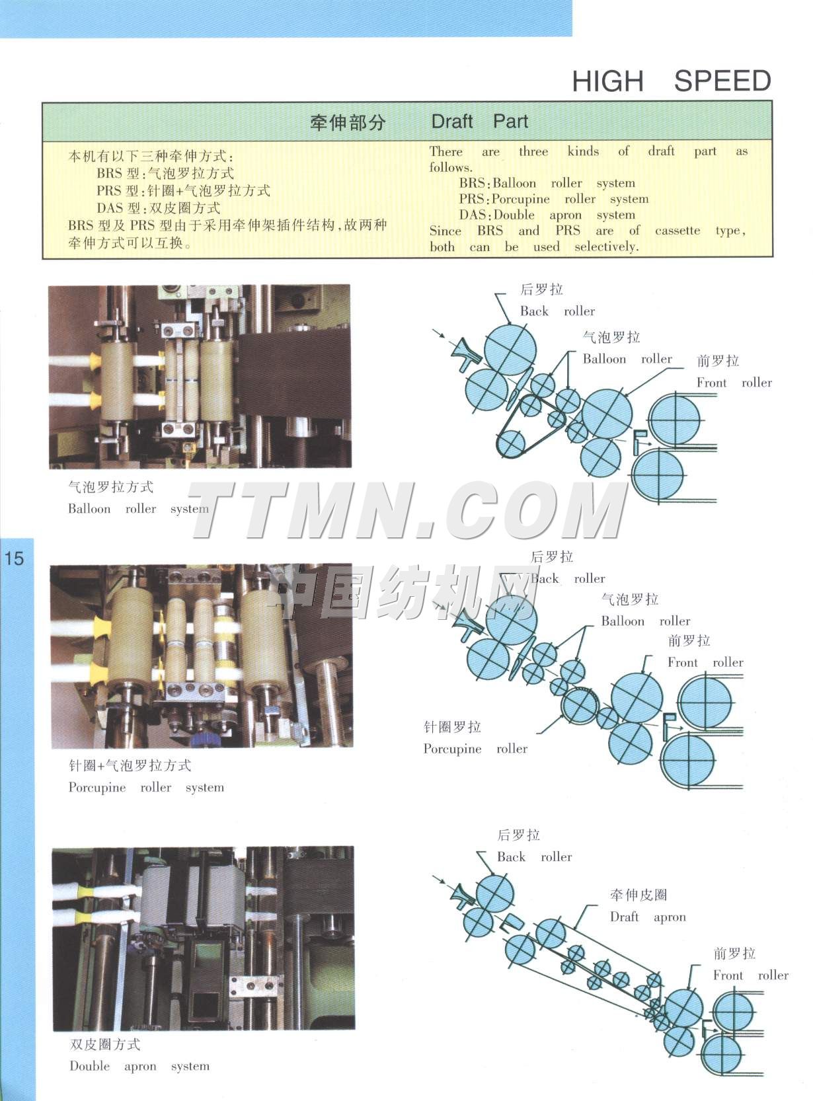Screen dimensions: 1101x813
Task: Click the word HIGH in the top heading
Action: point(607,81)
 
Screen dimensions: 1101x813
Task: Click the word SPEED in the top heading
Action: point(722,81)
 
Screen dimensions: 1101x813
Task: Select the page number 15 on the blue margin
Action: point(14,558)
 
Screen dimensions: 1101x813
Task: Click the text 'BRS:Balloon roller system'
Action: point(547,183)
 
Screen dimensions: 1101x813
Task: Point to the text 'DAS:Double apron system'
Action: point(547,215)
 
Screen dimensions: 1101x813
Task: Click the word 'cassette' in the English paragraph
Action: point(677,231)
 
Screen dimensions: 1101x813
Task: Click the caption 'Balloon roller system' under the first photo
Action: point(138,509)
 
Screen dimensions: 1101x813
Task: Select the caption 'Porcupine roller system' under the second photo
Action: point(146,788)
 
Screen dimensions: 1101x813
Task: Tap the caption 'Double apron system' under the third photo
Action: point(139,1066)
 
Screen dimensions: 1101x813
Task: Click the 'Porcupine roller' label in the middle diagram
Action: point(475,749)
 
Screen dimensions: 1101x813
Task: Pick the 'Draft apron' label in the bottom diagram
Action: point(648,917)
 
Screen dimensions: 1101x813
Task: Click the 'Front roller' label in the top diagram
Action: point(734,383)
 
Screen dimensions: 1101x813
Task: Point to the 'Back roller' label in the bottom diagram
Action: point(534,857)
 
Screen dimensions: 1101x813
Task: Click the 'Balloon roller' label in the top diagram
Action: point(627,360)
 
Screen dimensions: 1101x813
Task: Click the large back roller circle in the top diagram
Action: point(510,349)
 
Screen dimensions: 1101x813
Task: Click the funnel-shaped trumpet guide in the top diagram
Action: point(464,351)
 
